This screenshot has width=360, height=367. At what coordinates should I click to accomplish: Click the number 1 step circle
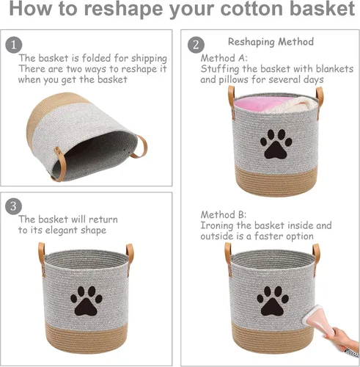[x=14, y=44]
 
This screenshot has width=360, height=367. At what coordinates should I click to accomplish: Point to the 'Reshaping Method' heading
[x=271, y=42]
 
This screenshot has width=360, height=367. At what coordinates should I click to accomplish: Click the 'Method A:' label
[x=224, y=57]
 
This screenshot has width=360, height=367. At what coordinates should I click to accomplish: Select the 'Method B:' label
[x=224, y=214]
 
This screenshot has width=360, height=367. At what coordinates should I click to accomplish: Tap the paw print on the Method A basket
[x=276, y=145]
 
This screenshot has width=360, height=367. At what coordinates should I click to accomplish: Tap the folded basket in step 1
[x=81, y=136]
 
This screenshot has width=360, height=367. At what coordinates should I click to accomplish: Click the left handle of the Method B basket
[x=228, y=255]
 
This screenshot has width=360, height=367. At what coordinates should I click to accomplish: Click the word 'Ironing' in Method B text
[x=219, y=225]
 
